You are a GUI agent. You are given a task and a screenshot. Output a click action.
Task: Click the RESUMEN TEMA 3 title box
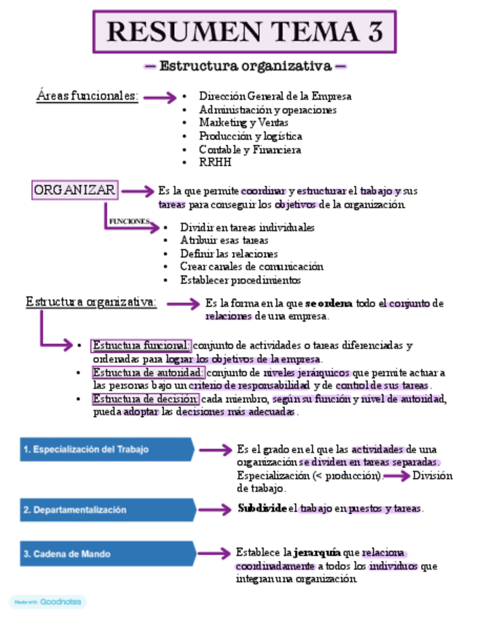244,32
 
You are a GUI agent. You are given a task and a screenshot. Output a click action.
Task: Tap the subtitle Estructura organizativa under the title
246,66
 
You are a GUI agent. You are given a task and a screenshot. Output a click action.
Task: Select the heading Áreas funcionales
87,95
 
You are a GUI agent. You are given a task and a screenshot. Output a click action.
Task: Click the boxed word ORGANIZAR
74,190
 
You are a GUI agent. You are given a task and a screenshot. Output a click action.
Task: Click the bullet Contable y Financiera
250,149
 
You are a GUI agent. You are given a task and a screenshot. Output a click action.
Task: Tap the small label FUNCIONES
129,220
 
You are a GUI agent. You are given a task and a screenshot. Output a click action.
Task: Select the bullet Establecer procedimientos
240,280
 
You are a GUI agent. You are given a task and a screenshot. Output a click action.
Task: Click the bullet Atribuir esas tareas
224,240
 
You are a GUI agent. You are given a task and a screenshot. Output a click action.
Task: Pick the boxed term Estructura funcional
141,345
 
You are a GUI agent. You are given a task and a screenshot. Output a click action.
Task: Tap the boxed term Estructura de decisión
145,399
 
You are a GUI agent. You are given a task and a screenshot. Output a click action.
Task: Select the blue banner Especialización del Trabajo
106,450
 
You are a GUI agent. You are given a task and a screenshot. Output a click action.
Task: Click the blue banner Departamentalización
106,510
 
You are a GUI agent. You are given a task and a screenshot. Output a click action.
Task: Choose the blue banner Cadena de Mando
106,554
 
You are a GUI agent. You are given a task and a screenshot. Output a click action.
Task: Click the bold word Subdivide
262,508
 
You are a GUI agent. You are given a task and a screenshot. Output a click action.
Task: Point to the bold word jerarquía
318,552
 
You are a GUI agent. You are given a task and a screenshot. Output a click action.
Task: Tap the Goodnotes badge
47,602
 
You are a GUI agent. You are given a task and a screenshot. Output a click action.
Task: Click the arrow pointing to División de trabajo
396,476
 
